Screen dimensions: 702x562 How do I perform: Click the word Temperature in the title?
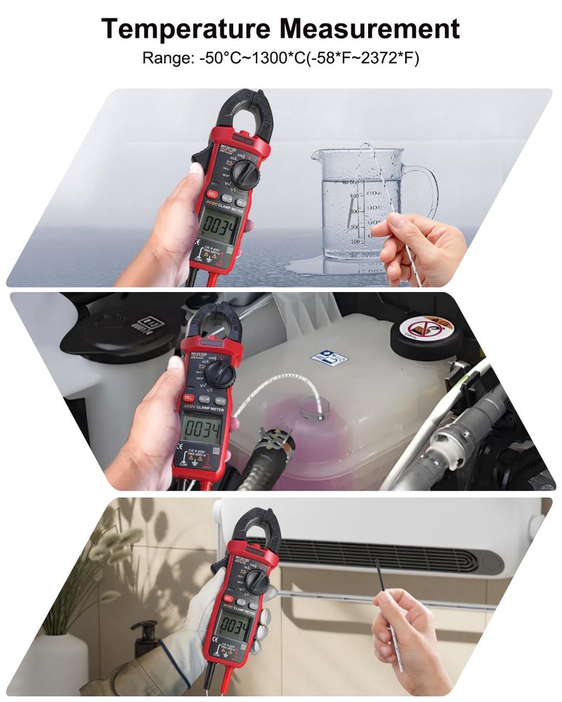(186, 29)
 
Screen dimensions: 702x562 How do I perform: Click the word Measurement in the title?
(371, 29)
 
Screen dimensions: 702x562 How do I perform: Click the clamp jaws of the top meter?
(242, 112)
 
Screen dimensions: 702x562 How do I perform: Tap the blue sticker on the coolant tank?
(329, 357)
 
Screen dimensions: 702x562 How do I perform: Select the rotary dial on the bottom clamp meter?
(257, 580)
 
